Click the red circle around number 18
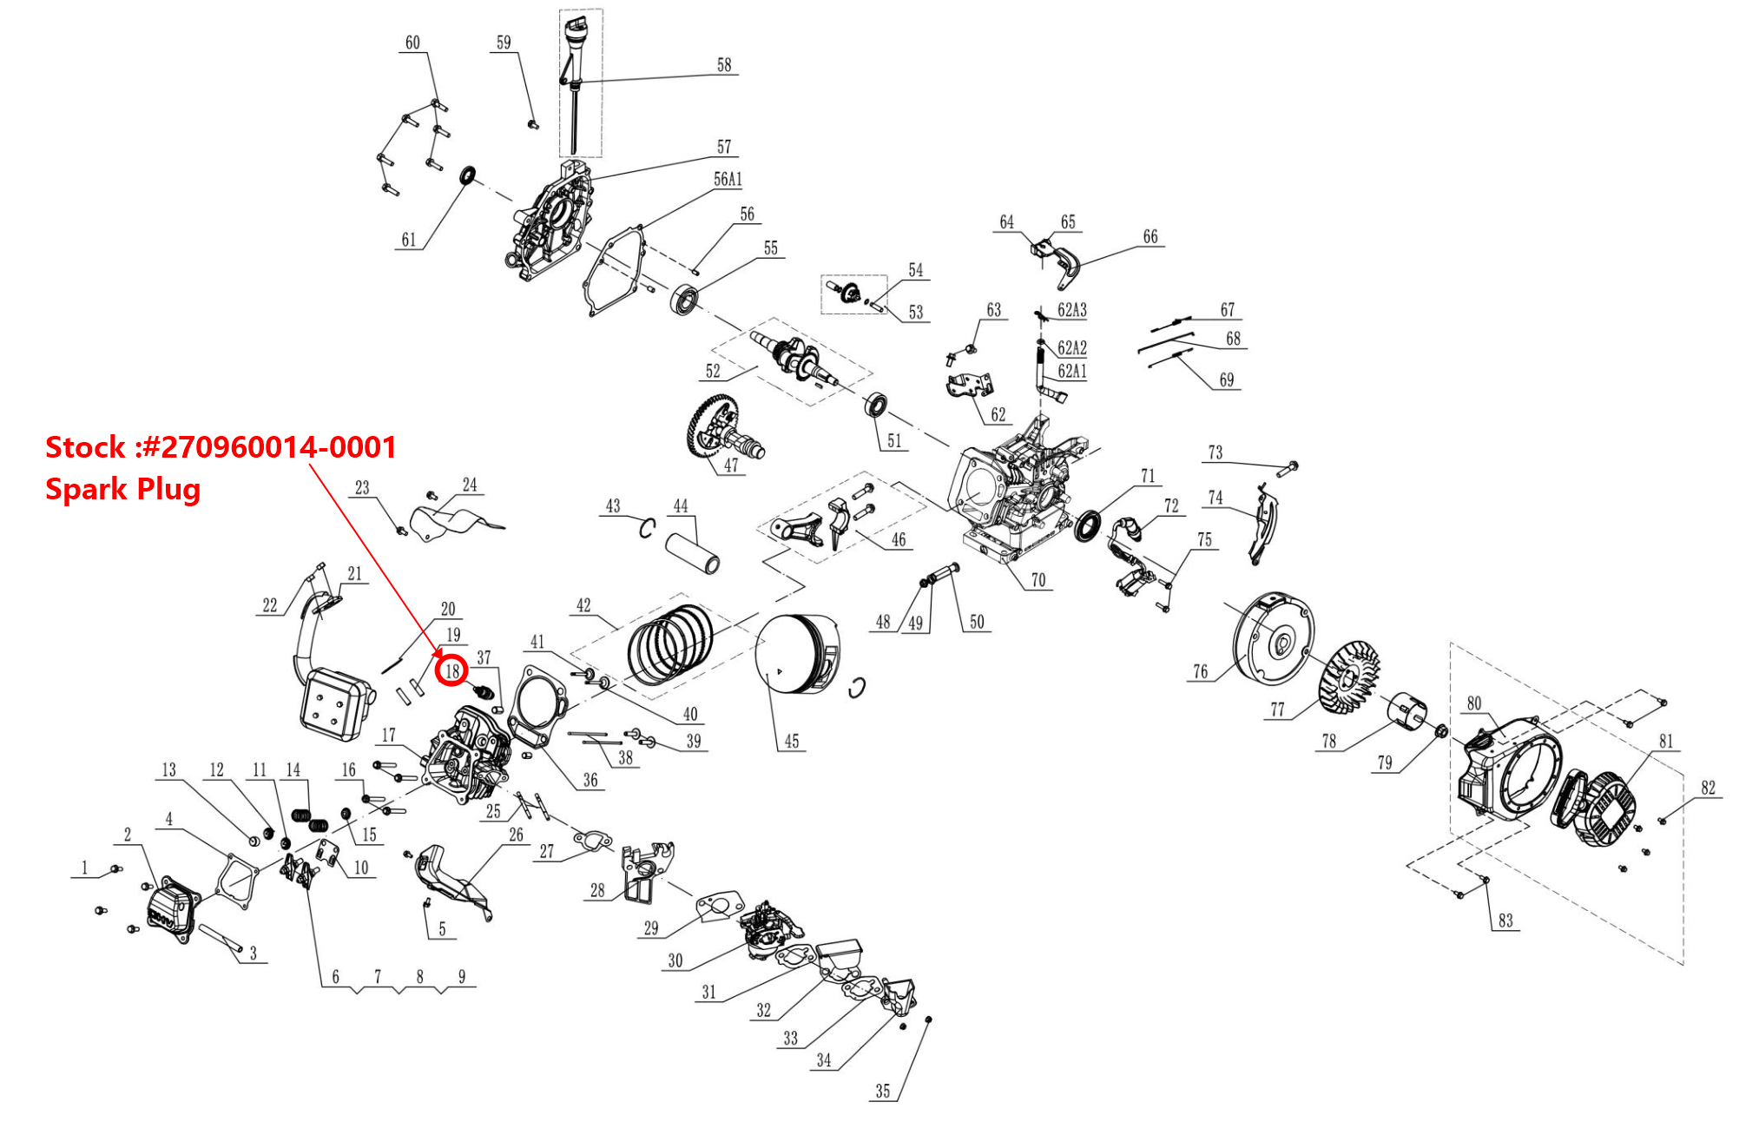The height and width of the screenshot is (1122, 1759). tap(451, 670)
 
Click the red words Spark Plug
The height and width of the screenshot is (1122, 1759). tap(122, 489)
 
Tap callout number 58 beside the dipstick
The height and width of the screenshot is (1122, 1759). tap(724, 65)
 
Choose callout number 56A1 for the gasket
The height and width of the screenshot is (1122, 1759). tap(728, 180)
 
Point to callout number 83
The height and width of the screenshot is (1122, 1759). tap(1505, 921)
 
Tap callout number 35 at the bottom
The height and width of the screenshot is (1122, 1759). tap(882, 1092)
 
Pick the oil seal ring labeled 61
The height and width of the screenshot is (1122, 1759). tap(469, 175)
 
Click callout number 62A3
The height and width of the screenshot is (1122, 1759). tap(1071, 310)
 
